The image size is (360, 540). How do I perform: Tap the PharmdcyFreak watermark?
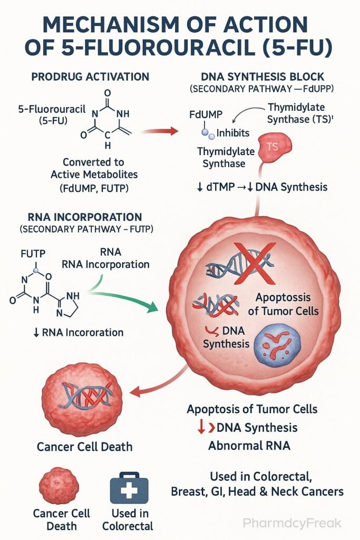tap(293, 523)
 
